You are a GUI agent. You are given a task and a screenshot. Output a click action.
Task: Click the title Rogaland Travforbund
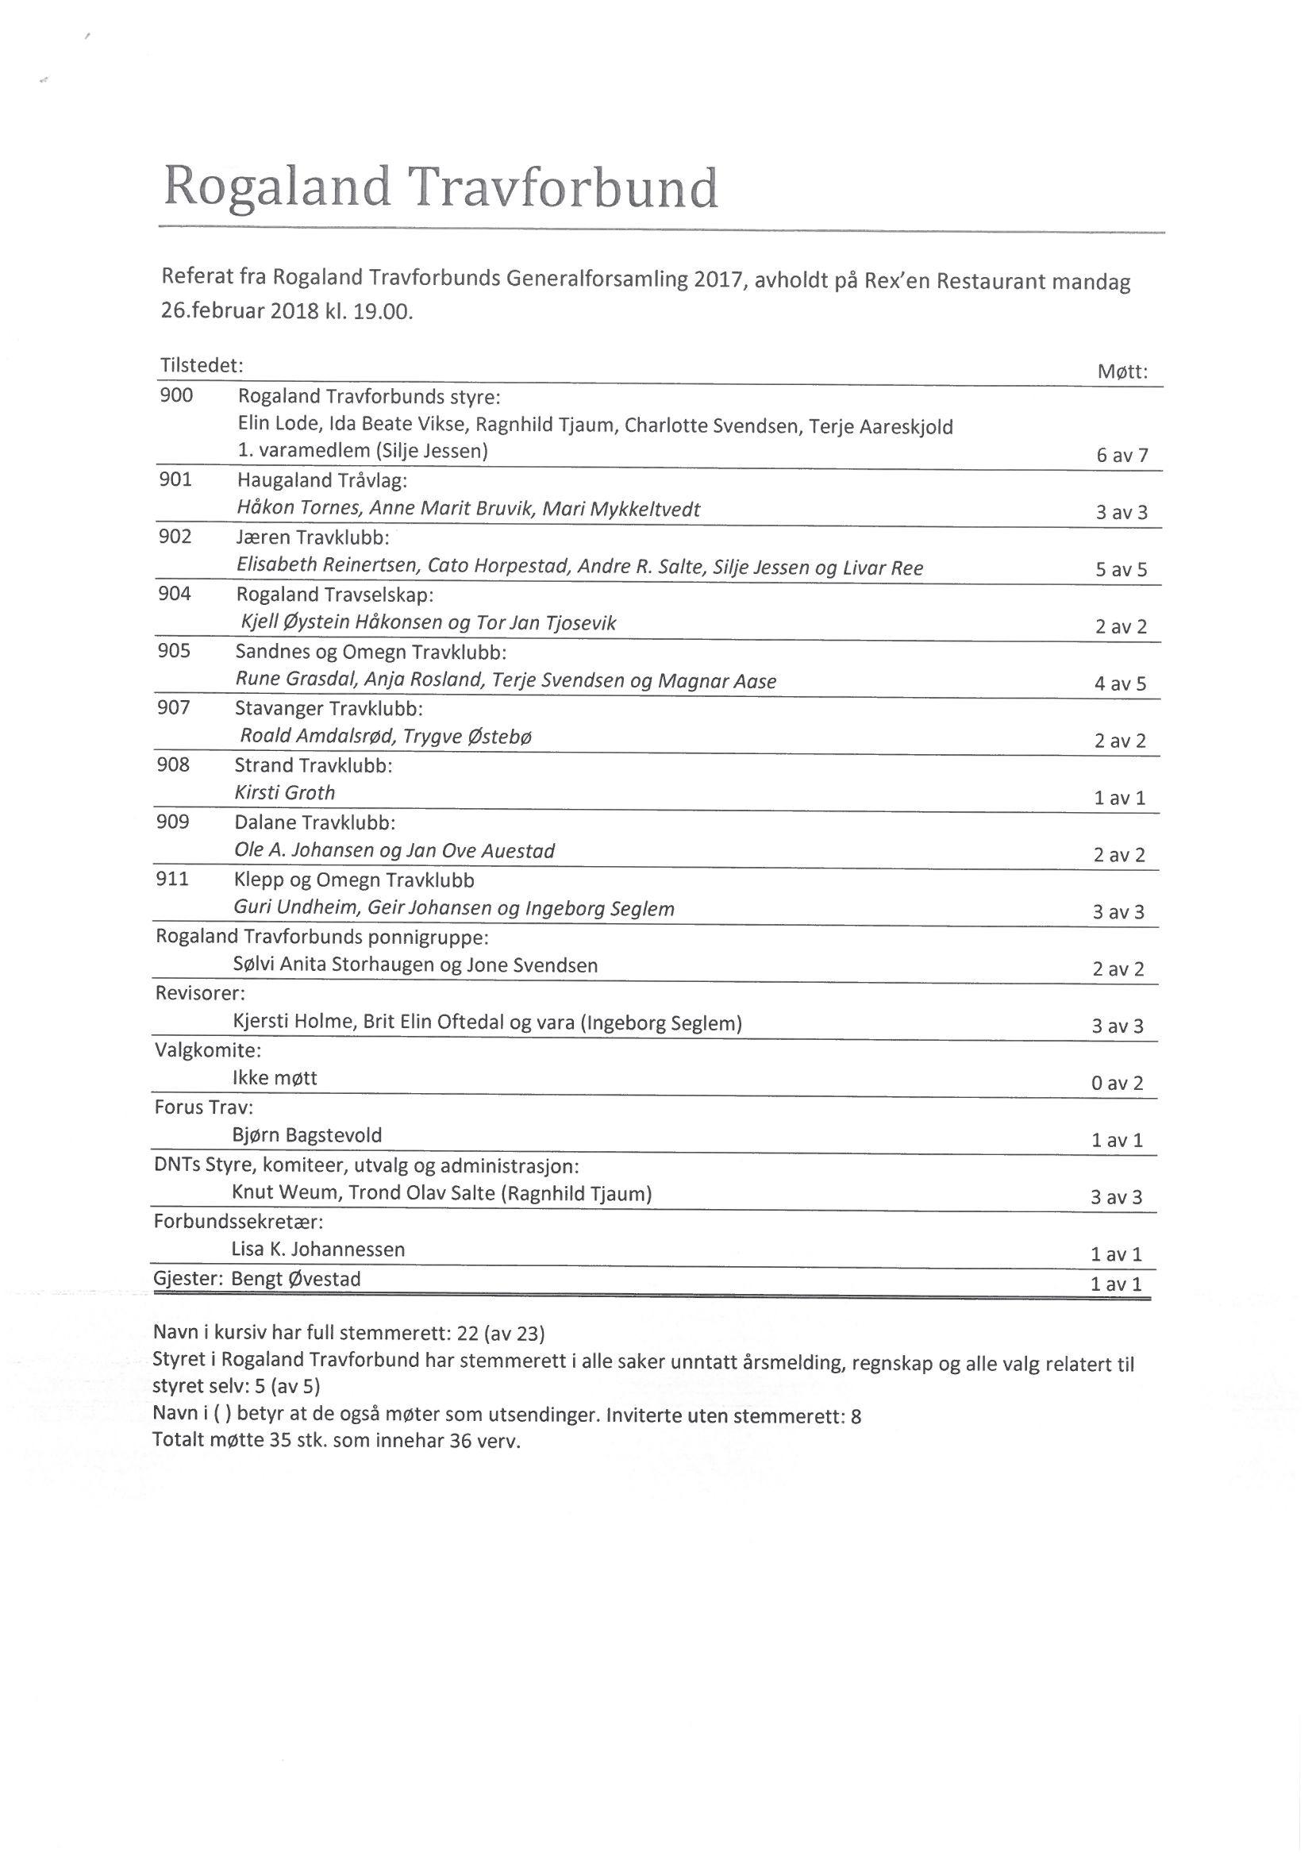pos(441,188)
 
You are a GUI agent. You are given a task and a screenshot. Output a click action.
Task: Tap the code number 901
pos(175,480)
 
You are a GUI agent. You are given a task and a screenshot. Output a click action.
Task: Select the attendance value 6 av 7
pos(1122,455)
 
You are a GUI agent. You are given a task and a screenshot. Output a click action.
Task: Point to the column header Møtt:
pos(1123,372)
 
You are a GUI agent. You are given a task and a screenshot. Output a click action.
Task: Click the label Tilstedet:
pos(202,365)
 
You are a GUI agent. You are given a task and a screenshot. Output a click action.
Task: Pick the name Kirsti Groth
pos(285,793)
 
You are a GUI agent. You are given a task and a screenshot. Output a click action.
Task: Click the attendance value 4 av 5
pos(1121,683)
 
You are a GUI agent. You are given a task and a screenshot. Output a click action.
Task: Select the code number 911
pos(172,880)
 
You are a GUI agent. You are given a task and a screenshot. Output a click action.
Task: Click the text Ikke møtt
pos(275,1077)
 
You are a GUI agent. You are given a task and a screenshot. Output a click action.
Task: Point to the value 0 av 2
pos(1118,1084)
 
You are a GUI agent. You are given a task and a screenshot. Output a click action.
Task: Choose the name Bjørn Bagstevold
pos(307,1135)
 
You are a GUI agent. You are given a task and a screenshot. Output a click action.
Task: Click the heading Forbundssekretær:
pos(238,1221)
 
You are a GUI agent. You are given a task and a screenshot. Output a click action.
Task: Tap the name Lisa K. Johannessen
pos(317,1249)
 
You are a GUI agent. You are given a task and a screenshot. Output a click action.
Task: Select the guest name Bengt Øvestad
pos(296,1279)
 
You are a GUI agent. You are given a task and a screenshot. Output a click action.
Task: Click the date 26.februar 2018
pos(240,312)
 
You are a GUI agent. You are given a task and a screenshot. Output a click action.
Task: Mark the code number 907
pos(174,708)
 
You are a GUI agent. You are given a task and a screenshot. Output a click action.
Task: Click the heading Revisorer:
pos(200,992)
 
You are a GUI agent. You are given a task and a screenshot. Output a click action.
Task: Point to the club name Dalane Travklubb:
pos(315,823)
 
